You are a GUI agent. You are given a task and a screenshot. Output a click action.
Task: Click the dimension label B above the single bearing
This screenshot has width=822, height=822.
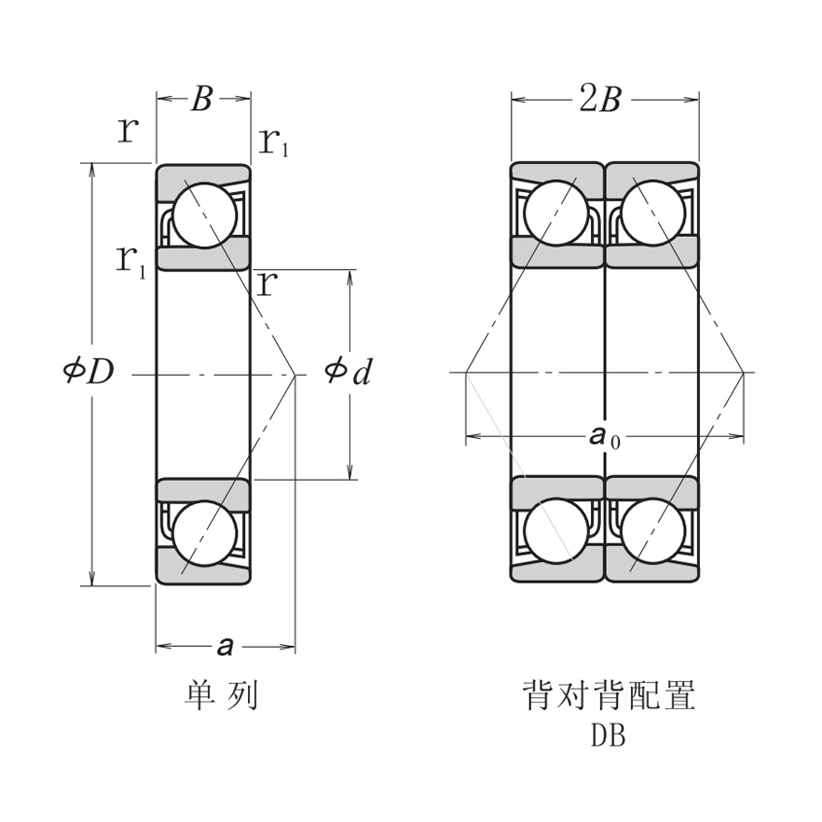click(202, 99)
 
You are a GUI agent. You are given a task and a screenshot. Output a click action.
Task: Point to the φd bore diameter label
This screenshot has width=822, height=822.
click(349, 372)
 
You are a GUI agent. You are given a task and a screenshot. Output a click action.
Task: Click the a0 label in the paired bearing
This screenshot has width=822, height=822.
click(603, 436)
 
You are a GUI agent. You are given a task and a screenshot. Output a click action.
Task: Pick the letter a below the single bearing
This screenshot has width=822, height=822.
click(224, 644)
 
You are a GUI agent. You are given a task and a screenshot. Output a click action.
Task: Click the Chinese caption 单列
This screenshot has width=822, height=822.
click(222, 695)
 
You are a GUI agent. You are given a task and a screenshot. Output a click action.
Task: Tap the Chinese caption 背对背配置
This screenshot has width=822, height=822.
click(610, 695)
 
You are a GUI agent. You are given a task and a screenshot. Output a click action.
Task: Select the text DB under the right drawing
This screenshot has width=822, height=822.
click(608, 736)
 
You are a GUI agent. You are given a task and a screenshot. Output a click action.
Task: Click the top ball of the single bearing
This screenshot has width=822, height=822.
click(204, 215)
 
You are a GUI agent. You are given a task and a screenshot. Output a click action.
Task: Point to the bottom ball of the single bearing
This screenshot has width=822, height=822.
click(204, 533)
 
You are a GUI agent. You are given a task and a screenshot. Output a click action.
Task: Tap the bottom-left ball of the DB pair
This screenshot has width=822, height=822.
click(556, 530)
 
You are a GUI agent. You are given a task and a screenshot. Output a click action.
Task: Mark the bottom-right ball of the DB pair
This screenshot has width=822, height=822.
click(653, 530)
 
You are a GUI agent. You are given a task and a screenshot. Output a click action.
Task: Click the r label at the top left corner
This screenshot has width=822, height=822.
click(128, 130)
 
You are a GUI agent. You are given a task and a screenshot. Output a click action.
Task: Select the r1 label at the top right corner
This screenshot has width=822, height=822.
click(272, 142)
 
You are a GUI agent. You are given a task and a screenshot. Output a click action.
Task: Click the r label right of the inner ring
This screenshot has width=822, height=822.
click(267, 283)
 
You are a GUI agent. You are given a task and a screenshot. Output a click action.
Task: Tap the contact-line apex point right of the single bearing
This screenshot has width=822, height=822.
click(295, 375)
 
